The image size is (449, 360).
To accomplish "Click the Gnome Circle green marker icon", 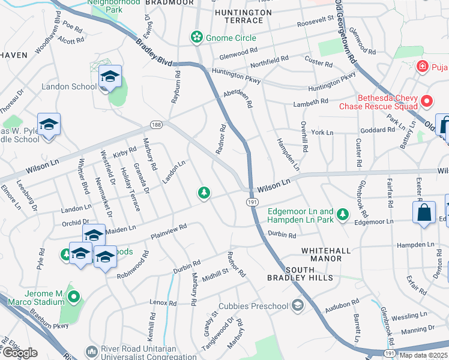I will click(x=196, y=38).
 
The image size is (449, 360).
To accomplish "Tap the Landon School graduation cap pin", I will click(x=110, y=77).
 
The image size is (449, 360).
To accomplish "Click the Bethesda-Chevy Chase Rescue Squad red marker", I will click(x=426, y=102).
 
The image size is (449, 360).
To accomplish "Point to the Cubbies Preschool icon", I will click(x=297, y=306).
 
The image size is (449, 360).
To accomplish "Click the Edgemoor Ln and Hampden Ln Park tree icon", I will click(x=342, y=214).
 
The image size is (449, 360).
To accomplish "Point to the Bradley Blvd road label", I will click(x=154, y=53).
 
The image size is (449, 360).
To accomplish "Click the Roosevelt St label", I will click(x=315, y=23).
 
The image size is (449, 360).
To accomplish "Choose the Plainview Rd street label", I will click(x=169, y=230).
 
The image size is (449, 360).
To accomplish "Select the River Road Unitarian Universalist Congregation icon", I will click(x=92, y=350).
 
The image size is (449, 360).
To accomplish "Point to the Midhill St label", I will click(x=216, y=274).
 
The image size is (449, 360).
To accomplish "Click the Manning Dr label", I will click(x=418, y=329).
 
